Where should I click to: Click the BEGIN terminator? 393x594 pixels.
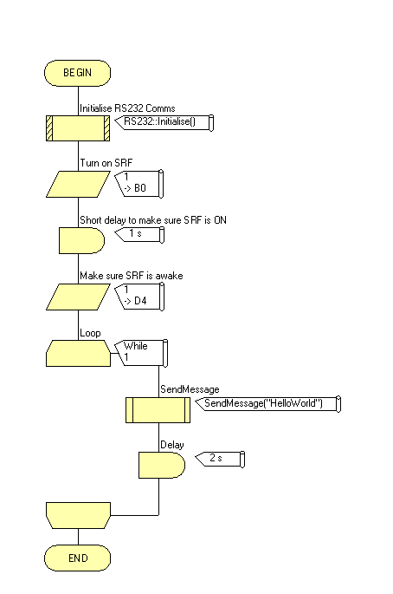(78, 73)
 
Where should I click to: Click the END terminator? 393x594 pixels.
(78, 558)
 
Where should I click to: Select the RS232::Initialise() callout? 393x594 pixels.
(164, 122)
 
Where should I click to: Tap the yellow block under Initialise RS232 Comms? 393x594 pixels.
(78, 128)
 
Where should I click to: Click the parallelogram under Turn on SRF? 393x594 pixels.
(78, 184)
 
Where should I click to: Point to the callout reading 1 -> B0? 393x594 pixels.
(139, 184)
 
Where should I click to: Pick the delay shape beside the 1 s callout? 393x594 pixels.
(81, 240)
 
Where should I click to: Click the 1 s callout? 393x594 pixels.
(139, 234)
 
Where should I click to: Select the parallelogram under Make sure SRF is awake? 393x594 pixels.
(78, 297)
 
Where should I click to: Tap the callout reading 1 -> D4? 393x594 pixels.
(139, 297)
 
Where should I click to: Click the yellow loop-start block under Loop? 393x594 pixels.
(78, 354)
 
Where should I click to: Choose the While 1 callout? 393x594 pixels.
(141, 353)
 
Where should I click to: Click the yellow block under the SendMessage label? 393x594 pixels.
(158, 410)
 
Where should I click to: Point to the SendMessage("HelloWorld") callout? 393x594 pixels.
(268, 404)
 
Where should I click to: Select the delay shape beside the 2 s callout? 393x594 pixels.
(162, 465)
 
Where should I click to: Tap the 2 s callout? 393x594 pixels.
(220, 459)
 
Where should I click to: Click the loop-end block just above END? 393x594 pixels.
(78, 515)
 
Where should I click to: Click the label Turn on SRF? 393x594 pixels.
(106, 163)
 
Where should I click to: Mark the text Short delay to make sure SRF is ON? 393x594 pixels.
(153, 220)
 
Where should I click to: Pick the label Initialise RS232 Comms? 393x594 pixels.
(127, 108)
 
